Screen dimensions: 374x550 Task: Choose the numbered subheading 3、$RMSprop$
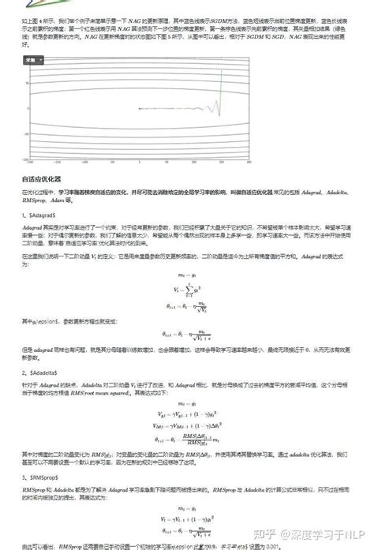(x=40, y=477)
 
